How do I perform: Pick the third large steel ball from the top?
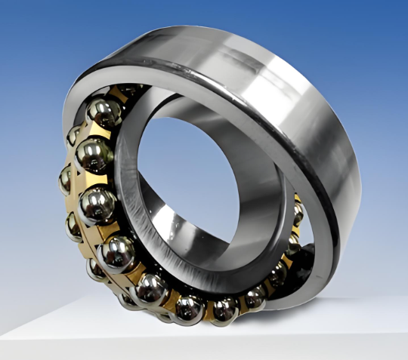point(97,202)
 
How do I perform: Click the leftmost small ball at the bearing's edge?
point(67,180)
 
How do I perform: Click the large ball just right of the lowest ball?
point(224,308)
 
